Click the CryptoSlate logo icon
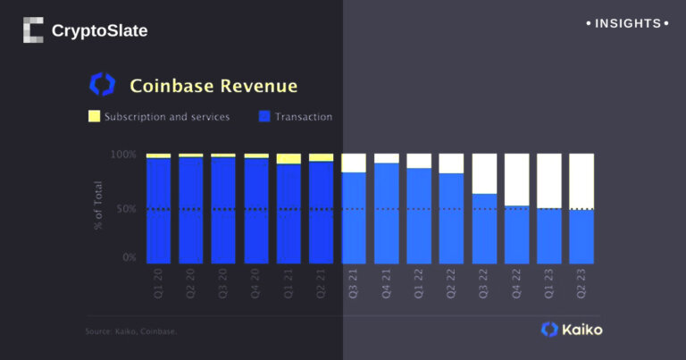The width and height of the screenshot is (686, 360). pos(33,30)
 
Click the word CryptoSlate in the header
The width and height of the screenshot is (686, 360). pos(99,31)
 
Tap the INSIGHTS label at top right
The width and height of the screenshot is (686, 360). pos(627,23)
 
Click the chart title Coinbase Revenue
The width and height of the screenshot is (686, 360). pos(213,86)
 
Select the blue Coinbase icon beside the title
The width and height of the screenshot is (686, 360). pos(103,85)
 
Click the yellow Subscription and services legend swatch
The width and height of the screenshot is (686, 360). pos(94,117)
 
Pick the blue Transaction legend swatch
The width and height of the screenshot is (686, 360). pos(264,117)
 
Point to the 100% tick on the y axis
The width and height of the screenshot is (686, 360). pos(123,155)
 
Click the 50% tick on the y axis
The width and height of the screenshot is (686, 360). pos(126,209)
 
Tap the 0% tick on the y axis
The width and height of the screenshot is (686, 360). pos(129,258)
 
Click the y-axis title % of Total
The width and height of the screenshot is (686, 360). pos(98,206)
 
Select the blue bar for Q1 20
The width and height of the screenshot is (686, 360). pos(158,211)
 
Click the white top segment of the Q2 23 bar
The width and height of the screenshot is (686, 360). pos(581,181)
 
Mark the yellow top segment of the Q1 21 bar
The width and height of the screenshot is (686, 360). pos(289,158)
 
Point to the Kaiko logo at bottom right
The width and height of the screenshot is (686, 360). pos(572,330)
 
